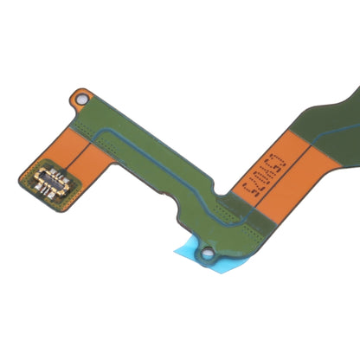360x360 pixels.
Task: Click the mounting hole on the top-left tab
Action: click(83, 98)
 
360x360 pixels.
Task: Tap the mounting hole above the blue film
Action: click(208, 254)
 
